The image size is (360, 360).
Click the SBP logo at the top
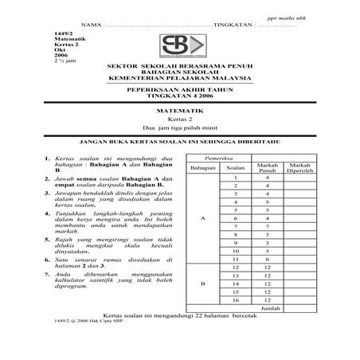click(179, 46)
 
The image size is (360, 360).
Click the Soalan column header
click(235, 169)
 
